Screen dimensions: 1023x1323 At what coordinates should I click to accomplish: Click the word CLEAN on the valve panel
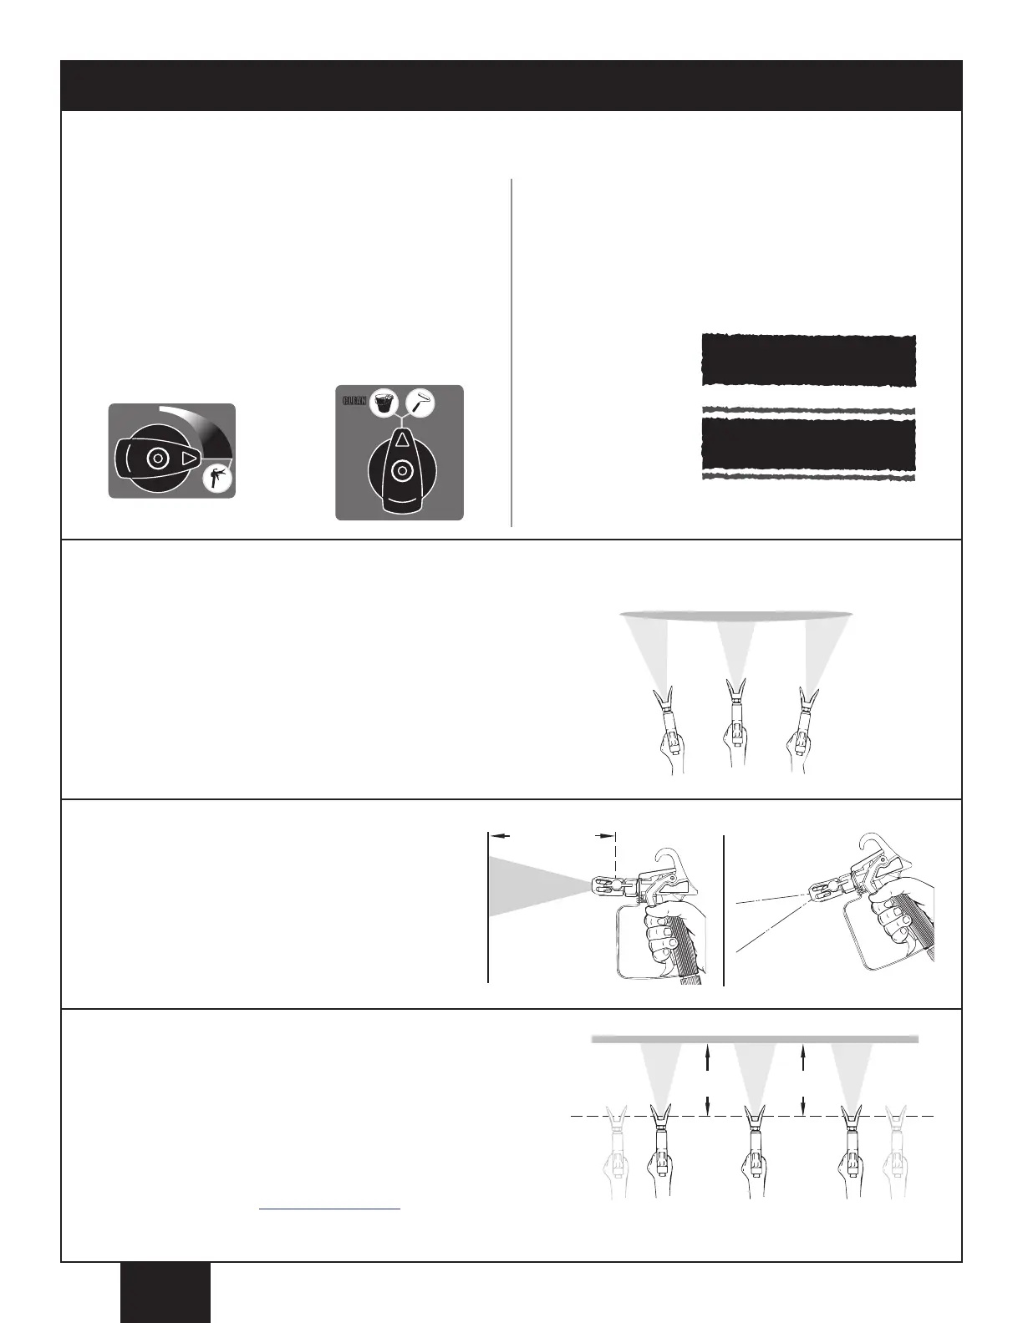(x=354, y=400)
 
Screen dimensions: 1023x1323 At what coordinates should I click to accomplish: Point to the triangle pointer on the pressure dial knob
(x=189, y=459)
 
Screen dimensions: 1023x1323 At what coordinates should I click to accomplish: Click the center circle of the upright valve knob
(x=400, y=471)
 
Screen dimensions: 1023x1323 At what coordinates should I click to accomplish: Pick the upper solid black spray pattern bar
(x=807, y=361)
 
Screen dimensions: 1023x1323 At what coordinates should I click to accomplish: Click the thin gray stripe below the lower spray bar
(x=807, y=476)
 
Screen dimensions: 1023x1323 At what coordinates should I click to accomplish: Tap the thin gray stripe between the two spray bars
(x=807, y=410)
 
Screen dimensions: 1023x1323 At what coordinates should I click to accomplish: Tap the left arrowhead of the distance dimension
(x=496, y=834)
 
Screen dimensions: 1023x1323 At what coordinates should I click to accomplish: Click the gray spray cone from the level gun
(x=527, y=885)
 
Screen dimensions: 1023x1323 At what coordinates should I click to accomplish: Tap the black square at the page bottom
(x=165, y=1292)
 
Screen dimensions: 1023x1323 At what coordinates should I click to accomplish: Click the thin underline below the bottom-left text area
(x=329, y=1209)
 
